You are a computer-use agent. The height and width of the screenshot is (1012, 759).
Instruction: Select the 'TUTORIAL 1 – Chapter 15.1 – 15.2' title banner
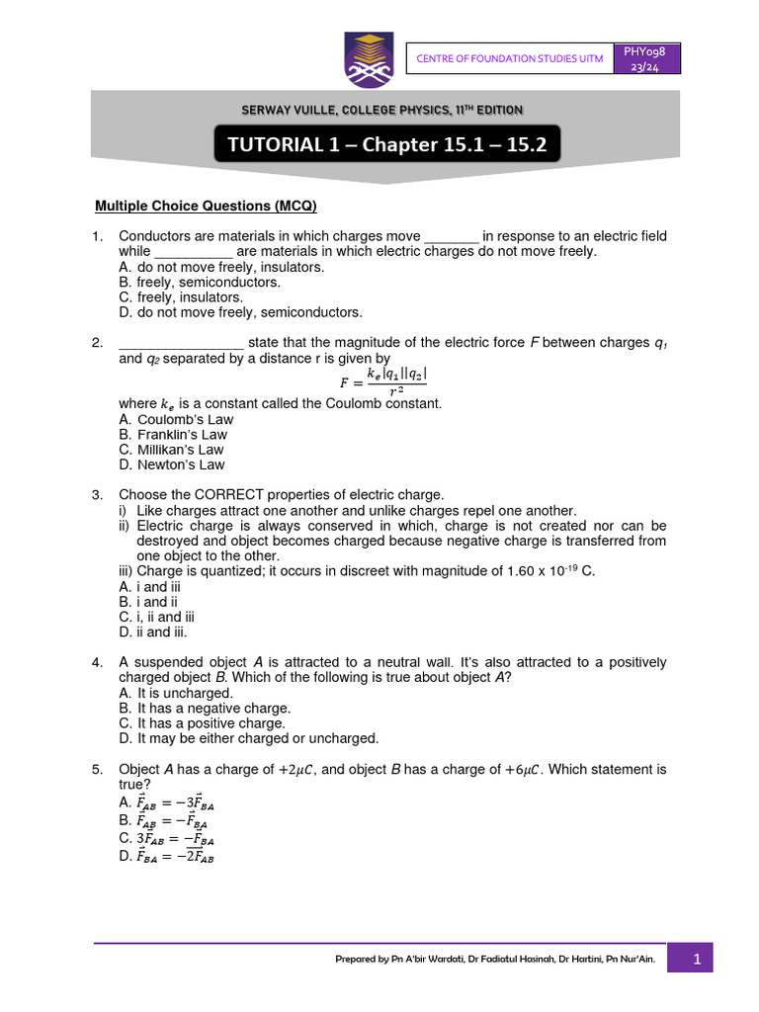tap(386, 144)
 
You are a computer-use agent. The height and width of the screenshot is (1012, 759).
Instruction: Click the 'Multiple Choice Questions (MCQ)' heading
tap(205, 206)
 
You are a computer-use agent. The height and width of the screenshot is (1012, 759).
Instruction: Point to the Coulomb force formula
tap(384, 380)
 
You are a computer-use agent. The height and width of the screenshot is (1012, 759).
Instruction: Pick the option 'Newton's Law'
tap(172, 464)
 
